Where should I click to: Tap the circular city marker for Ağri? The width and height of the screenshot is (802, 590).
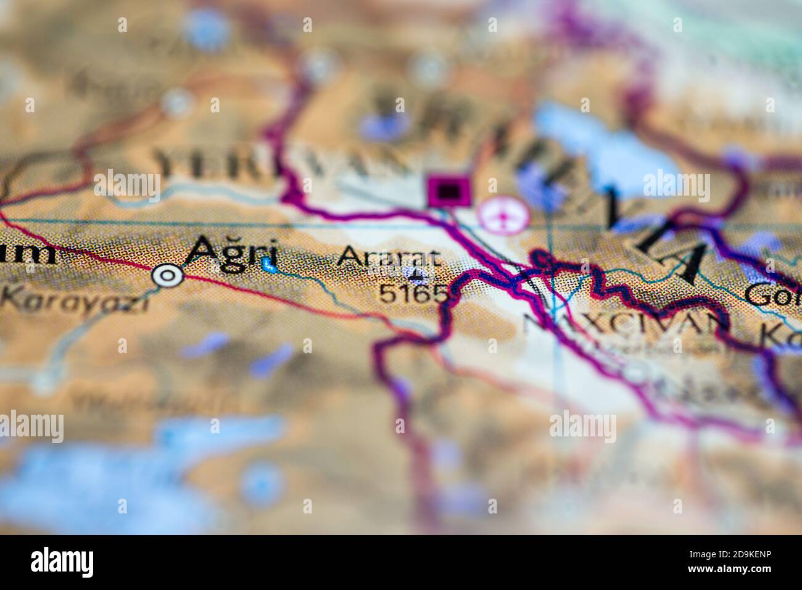[168, 275]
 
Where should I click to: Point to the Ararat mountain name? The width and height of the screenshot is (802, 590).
[389, 257]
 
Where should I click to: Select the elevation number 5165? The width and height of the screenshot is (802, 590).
[412, 293]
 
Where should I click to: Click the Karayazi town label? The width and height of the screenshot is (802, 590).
[74, 301]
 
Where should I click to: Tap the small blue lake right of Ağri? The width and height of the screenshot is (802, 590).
[268, 266]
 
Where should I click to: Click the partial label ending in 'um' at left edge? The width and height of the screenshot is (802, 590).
[28, 253]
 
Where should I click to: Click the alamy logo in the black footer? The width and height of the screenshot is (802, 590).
[62, 562]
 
